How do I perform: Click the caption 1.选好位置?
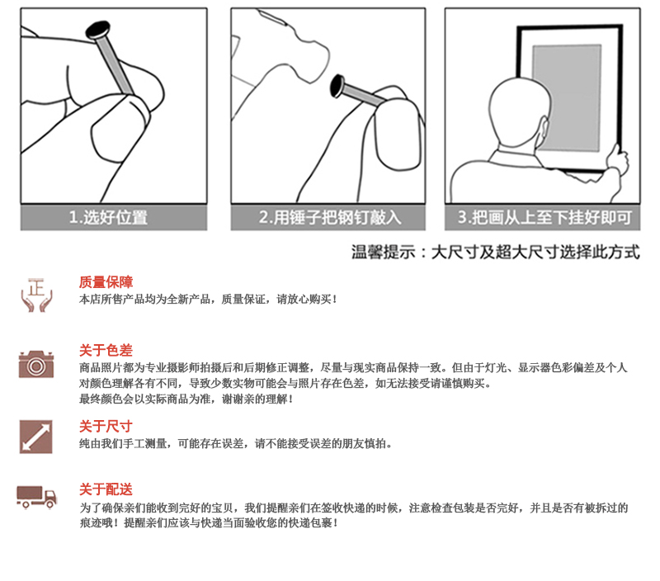(x=108, y=218)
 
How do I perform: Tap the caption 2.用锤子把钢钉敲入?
(x=330, y=218)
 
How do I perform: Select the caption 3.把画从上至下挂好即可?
(x=544, y=218)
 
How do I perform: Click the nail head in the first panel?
(x=98, y=30)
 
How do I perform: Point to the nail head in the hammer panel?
(x=337, y=86)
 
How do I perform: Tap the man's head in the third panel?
(x=519, y=111)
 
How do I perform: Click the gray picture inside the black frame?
(x=566, y=97)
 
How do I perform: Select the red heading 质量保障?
(x=106, y=282)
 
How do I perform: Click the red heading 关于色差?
(x=106, y=350)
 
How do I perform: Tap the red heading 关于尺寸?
(x=106, y=427)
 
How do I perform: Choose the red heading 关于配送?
(x=106, y=489)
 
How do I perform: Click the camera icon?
(x=36, y=364)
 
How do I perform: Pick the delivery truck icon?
(x=36, y=497)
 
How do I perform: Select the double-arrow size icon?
(x=35, y=437)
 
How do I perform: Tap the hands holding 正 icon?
(x=36, y=295)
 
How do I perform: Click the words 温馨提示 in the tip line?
(x=384, y=253)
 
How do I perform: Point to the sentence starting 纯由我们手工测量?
(x=236, y=444)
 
